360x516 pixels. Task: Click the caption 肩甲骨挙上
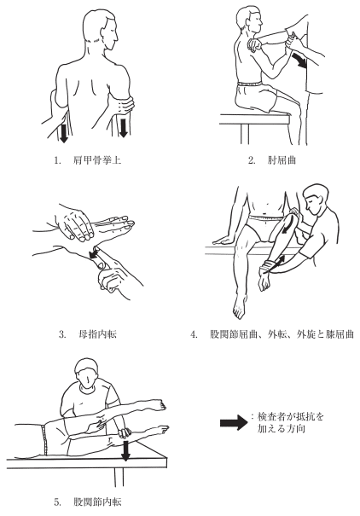coord(96,160)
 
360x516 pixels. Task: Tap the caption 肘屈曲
coord(282,160)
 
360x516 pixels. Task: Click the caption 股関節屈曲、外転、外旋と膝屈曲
coord(282,334)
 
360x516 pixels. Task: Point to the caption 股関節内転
coord(97,502)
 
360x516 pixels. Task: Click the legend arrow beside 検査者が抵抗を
coord(234,423)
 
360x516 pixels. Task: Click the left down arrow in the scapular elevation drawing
coord(63,132)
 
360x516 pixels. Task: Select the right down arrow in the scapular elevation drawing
coord(124,127)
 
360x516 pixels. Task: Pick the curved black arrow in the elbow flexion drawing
coord(300,61)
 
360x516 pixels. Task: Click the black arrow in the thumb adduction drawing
coord(95,254)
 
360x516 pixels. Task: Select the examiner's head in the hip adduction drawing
coord(88,374)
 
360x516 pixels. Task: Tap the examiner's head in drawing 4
coord(316,200)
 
